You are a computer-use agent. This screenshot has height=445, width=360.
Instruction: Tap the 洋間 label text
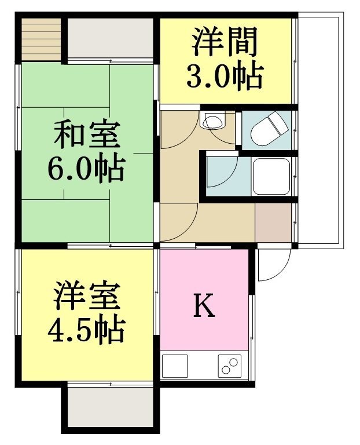[224, 41]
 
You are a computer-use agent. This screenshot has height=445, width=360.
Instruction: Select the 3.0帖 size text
[225, 75]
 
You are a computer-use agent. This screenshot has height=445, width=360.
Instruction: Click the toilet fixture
[270, 128]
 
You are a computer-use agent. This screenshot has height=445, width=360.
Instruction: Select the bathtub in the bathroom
[271, 176]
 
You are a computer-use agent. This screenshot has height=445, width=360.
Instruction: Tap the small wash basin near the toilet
[212, 120]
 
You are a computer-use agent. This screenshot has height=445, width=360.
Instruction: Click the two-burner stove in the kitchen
[230, 366]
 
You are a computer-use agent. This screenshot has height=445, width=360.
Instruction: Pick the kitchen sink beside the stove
[175, 366]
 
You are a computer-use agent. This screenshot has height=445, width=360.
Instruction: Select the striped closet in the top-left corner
[42, 39]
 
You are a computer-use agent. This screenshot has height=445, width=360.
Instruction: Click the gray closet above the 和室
[111, 38]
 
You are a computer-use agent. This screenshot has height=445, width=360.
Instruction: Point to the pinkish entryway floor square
[273, 222]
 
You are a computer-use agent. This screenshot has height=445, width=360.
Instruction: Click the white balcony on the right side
[320, 130]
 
